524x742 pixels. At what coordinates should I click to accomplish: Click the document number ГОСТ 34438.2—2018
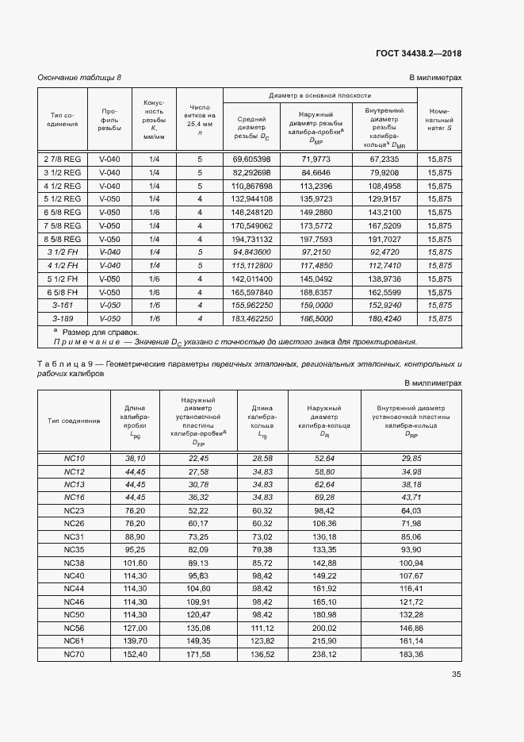(x=418, y=53)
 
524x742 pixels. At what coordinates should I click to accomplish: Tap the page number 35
(x=456, y=675)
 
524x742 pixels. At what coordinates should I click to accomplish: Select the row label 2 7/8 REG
(x=62, y=160)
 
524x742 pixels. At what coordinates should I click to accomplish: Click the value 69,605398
(x=251, y=160)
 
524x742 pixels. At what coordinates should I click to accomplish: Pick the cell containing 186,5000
(x=316, y=319)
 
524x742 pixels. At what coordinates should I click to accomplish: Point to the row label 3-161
(x=62, y=306)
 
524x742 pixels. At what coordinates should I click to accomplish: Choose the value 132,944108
(x=251, y=199)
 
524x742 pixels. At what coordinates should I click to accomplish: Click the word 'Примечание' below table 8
(x=75, y=342)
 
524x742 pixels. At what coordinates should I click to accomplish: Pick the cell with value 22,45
(x=198, y=459)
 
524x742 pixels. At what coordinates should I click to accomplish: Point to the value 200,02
(x=325, y=629)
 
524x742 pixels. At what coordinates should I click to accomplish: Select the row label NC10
(x=74, y=459)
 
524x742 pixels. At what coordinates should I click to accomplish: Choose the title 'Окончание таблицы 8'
(x=80, y=77)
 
